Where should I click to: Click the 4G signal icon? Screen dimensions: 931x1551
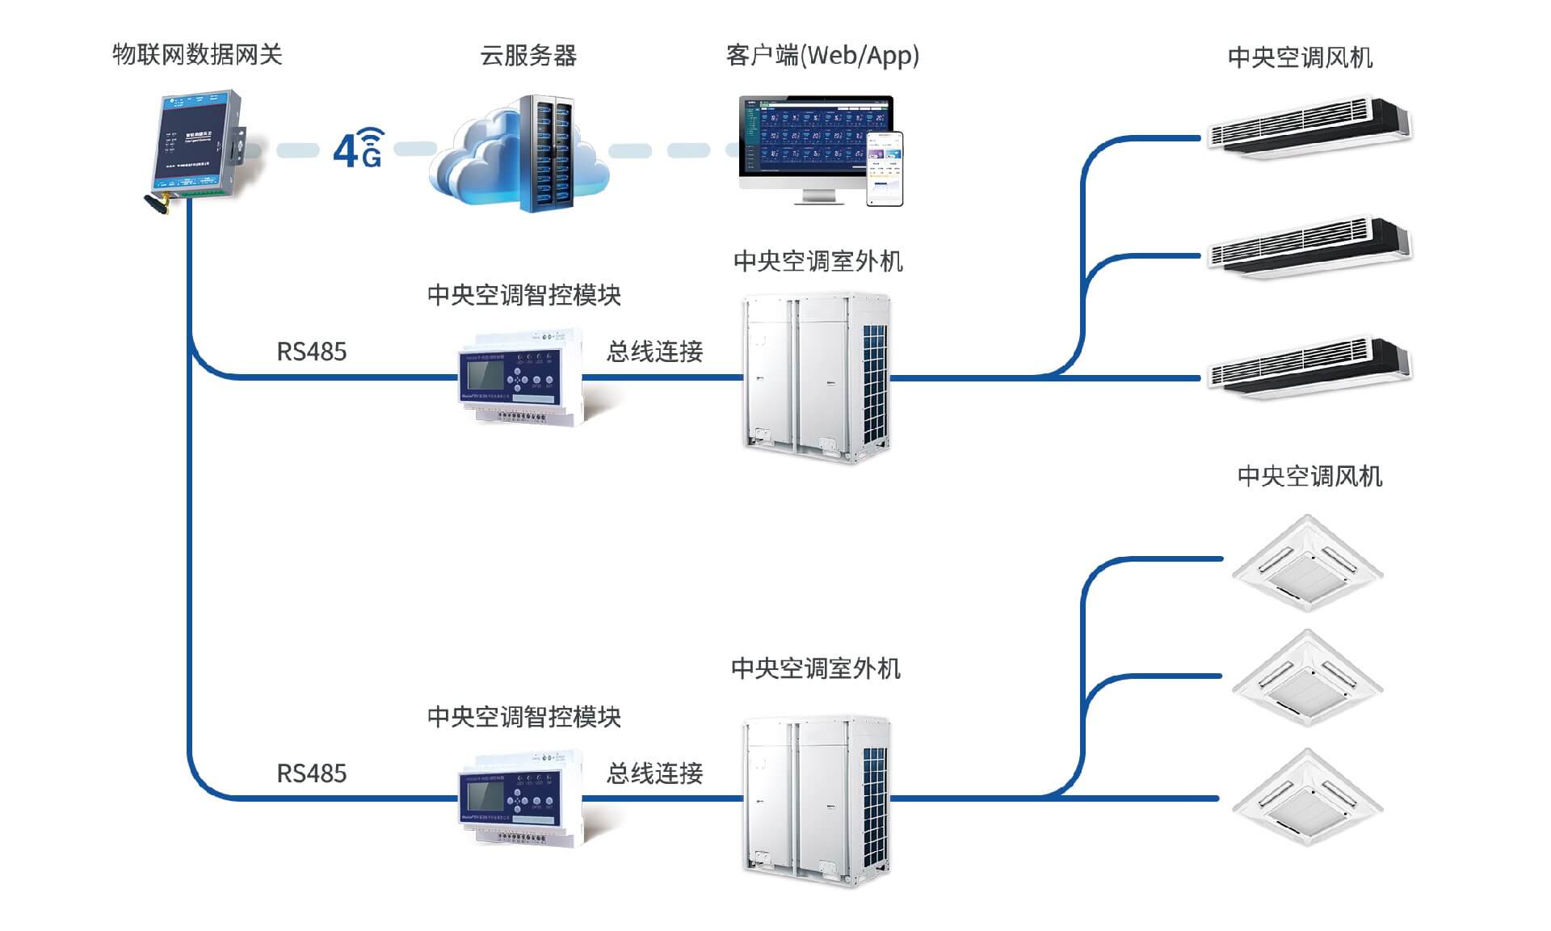point(358,148)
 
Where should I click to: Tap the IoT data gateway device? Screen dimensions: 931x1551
point(200,144)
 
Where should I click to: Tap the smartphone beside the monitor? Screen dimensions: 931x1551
point(885,168)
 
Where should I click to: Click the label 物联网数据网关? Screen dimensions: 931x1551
point(197,55)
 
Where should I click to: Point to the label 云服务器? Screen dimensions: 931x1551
point(528,56)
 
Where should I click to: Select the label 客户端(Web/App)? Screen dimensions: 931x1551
point(822,56)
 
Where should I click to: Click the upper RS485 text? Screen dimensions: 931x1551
point(311,352)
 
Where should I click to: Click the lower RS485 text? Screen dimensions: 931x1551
point(311,773)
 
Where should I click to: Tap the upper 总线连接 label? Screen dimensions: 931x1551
point(654,352)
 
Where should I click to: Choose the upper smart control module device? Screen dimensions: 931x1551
point(522,377)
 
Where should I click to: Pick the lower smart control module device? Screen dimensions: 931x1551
point(522,798)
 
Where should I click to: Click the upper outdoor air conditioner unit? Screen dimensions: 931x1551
point(816,377)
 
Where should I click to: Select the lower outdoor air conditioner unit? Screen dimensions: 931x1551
point(816,800)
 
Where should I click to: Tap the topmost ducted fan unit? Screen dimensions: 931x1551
point(1309,128)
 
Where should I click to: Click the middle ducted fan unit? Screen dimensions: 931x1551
point(1309,247)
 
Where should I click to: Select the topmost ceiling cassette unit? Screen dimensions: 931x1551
point(1307,562)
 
